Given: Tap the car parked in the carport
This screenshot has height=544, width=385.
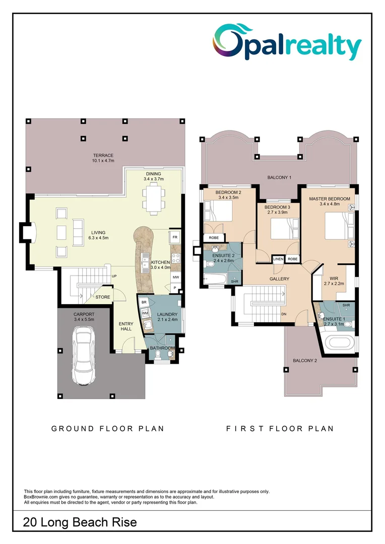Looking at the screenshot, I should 84,355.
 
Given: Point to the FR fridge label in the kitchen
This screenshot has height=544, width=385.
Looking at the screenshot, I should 175,237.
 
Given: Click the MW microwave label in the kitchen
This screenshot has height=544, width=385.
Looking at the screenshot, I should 175,278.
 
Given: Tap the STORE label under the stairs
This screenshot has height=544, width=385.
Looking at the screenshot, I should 103,297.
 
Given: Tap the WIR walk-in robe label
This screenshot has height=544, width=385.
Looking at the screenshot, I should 334,278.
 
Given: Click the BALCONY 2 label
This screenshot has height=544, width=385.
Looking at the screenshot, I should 305,361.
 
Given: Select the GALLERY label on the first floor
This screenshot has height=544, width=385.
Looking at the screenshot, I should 279,279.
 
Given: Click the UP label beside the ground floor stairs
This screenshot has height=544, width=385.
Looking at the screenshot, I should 114,276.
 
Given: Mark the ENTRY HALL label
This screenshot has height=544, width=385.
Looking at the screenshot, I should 125,326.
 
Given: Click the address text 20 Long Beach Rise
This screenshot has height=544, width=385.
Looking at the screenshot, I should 80,522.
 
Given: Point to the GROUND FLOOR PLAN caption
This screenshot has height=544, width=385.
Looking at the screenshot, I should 108,429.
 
